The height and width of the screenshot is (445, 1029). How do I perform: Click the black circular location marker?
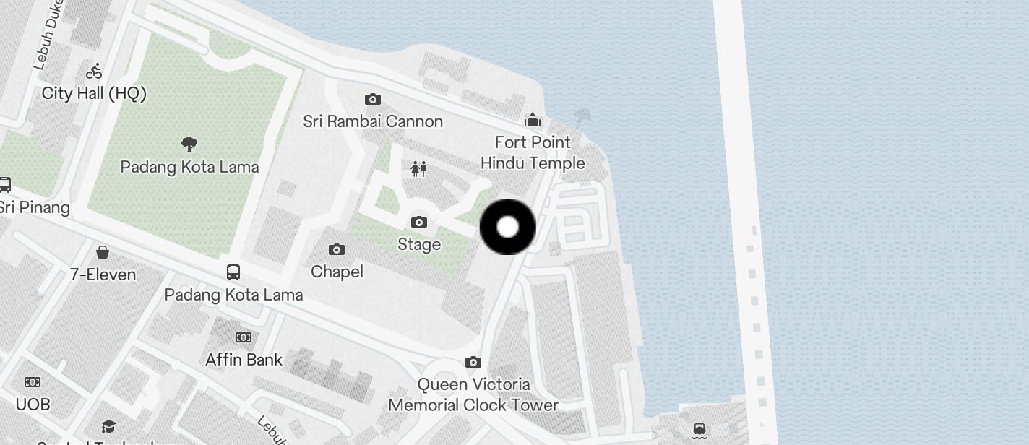coord(508,227)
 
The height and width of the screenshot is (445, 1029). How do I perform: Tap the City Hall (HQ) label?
coord(94,93)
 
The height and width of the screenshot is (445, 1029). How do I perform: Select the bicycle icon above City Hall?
coord(94,71)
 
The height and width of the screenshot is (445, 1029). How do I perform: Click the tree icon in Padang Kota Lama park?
coord(189,144)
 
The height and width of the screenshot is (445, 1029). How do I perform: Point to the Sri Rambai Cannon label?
coord(373,121)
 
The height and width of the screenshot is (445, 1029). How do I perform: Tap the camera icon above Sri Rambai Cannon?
coord(373,99)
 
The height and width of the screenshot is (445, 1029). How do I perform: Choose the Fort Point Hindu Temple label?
coord(533,152)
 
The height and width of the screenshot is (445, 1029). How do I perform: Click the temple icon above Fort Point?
coord(533,119)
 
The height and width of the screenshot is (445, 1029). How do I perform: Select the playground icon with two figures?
coord(419,169)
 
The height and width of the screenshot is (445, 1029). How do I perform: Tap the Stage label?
coord(419,244)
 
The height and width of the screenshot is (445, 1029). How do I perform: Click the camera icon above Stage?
coord(419,222)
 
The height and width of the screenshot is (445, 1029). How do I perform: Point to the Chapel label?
coord(337,272)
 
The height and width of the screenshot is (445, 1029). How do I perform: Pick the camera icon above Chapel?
coord(337,249)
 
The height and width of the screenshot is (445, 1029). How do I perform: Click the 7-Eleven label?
coord(103,275)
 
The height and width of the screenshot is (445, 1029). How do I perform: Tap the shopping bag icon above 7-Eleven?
coord(103,252)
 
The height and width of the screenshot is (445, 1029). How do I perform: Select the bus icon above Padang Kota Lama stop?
coord(233,272)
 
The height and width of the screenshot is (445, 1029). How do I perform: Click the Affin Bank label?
coord(244,359)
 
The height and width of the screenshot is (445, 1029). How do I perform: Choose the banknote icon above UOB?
coord(33,381)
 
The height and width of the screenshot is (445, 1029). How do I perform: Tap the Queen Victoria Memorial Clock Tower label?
coord(473,394)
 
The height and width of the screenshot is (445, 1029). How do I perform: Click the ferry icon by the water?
coord(699,431)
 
